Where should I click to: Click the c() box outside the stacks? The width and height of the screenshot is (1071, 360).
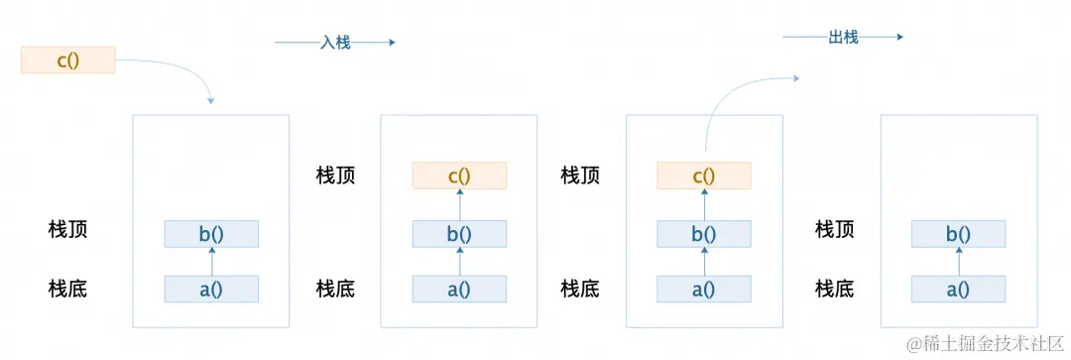point(67,60)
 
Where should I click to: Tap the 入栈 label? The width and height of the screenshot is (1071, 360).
point(335,43)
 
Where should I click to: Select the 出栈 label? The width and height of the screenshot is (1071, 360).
point(842,38)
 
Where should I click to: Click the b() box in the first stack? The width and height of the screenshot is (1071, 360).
point(211,234)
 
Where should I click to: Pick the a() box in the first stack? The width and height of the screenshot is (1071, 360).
point(211,290)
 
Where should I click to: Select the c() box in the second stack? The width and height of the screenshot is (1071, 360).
point(459,177)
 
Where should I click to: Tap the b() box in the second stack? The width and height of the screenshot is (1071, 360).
point(459,234)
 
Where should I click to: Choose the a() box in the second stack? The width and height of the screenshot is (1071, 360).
point(459,290)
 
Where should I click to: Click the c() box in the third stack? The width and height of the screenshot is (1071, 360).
point(703,177)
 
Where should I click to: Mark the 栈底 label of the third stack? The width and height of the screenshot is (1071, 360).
point(579,289)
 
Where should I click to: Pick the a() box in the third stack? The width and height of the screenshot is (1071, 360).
point(703,290)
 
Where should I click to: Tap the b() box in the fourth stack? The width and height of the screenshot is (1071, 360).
point(957,234)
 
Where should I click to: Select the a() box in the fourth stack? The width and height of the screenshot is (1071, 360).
point(957,290)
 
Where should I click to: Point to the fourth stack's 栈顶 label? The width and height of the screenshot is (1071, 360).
point(834,230)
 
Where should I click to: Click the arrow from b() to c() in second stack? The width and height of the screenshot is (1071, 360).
point(459,204)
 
